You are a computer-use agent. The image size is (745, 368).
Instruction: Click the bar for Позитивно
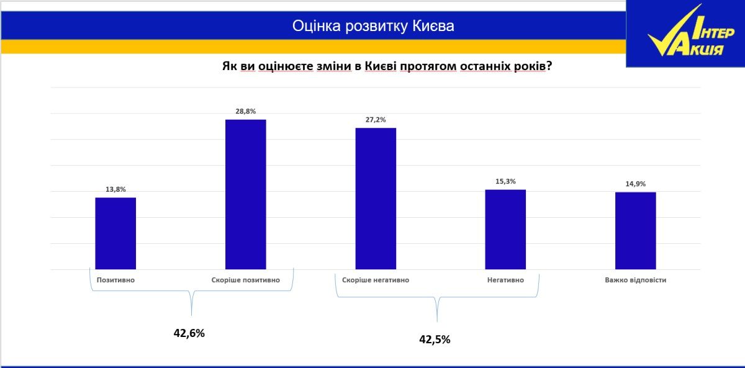coord(115,233)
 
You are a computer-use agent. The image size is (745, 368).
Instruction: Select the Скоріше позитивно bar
coord(245,194)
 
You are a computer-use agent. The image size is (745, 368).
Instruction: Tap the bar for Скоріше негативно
coord(376,199)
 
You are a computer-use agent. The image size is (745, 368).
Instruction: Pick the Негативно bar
coord(505,230)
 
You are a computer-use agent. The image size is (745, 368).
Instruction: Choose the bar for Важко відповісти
coord(636,231)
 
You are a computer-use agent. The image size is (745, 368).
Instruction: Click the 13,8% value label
coord(115,189)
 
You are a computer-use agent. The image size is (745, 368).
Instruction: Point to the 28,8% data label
coord(245,111)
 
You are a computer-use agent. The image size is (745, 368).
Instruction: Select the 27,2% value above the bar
coord(376,120)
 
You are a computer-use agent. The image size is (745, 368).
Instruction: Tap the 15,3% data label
coord(505,181)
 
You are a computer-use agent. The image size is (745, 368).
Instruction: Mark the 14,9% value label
coord(636,184)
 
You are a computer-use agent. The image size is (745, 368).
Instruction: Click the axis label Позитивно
coord(115,280)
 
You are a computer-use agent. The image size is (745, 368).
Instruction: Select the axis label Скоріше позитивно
coord(245,280)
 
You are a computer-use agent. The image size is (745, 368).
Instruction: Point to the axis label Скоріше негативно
coord(376,280)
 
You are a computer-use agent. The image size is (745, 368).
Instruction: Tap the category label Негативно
coord(505,280)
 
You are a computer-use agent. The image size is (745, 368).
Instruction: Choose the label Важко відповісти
coord(636,280)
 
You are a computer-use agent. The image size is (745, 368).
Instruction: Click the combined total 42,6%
coord(189,333)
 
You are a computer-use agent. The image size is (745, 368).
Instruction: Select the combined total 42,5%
coord(435,339)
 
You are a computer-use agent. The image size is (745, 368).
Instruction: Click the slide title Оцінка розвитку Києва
coord(373,26)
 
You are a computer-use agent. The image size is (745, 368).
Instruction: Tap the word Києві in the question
coord(381,66)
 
